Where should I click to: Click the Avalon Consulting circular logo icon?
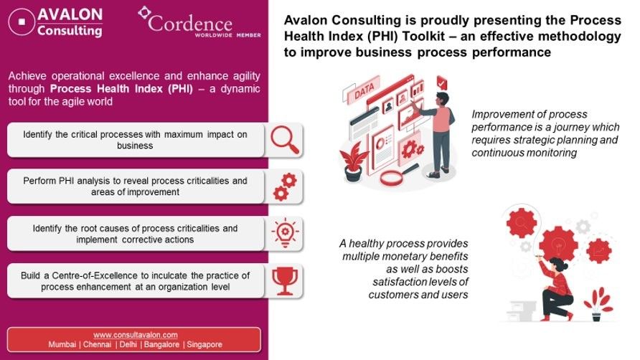tap(22, 22)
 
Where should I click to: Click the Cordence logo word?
tap(190, 24)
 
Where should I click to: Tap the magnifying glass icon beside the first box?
tap(285, 140)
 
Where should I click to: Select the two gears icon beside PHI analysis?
tap(285, 187)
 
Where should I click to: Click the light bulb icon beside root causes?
tap(285, 233)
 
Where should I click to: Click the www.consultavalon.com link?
tap(136, 335)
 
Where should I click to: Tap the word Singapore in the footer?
tap(204, 344)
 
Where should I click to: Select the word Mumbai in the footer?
tap(62, 344)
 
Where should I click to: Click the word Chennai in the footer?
tap(97, 344)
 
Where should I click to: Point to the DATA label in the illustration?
tap(364, 91)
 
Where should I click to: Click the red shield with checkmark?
tap(442, 82)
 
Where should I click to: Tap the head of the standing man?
tap(442, 99)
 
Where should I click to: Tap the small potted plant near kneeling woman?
tap(597, 305)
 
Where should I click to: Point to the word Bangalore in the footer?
tap(161, 344)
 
